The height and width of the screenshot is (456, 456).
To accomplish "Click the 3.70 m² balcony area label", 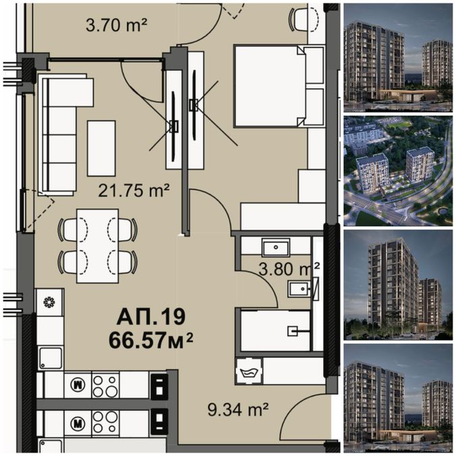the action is coord(117,25).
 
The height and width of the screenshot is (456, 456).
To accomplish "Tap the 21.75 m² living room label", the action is coord(134,191).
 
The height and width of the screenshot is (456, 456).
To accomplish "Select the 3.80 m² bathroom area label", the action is coord(289,269).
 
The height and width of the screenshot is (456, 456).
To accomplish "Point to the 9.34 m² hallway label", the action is coord(238,409).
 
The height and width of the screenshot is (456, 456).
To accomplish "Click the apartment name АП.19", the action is coord(151,317).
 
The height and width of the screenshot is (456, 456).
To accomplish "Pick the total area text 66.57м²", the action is coord(151,340).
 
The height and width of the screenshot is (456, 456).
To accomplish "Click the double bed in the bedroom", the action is coord(270,86).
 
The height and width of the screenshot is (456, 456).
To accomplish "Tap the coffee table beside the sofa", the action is coord(101,149).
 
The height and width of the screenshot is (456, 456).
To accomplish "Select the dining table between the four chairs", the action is coord(97,246).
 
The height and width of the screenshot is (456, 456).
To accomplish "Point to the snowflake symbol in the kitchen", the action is coord(49,302).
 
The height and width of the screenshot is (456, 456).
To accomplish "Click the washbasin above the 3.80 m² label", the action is coord(276,247).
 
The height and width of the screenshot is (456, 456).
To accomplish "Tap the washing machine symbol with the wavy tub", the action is coord(249,371).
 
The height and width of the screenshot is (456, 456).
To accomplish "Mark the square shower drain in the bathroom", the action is coord(293,331).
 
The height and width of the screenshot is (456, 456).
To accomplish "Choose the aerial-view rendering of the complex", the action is coord(398,171).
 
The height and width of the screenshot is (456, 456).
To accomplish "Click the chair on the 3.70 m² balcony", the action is coord(304,19).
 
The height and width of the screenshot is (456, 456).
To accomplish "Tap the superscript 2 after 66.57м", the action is coord(189,338).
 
